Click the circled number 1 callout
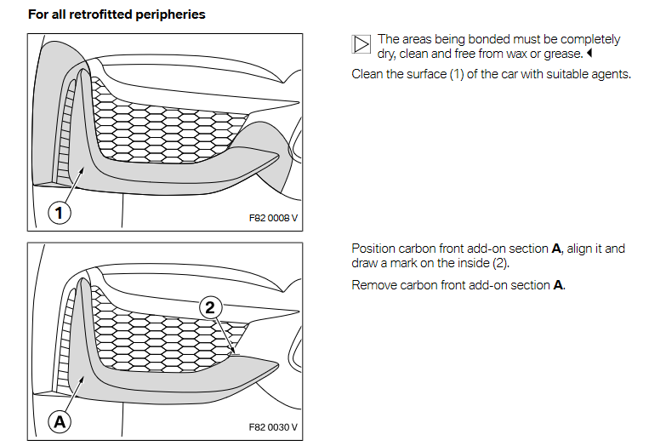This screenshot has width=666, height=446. [x=59, y=213]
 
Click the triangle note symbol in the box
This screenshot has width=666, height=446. [x=361, y=45]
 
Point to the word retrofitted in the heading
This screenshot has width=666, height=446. [x=95, y=14]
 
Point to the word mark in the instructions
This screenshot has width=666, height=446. [x=407, y=263]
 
